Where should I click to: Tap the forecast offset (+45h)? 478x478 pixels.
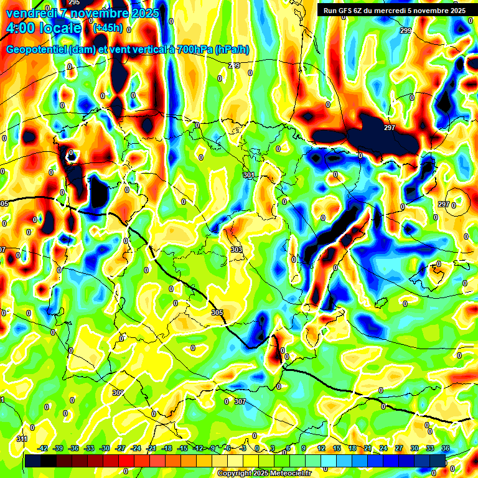coord(108,28)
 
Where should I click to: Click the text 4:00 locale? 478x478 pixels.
coord(43,28)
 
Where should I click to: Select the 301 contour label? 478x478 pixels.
coord(249,176)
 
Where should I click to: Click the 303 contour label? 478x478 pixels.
coord(236,250)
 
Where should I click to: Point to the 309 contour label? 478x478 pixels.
coord(118,393)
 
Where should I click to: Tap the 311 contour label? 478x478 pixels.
coord(22,439)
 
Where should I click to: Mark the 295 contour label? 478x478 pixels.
coord(74,2)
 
